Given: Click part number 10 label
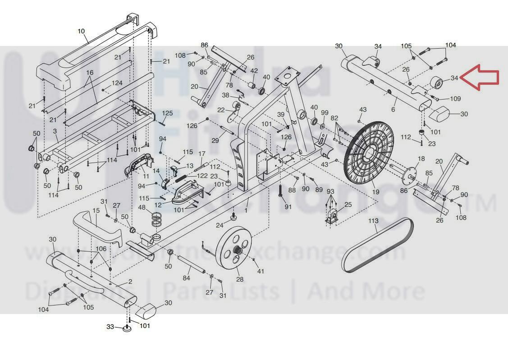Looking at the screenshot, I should pyautogui.click(x=81, y=31).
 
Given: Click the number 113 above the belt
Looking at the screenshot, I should pyautogui.click(x=373, y=221).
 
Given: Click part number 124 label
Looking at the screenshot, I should pyautogui.click(x=117, y=83).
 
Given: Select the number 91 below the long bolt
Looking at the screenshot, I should pyautogui.click(x=288, y=207).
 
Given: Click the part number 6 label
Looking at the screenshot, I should pyautogui.click(x=393, y=110).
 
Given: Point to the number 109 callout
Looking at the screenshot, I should pyautogui.click(x=455, y=99).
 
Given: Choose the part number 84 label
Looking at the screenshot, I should pyautogui.click(x=187, y=278).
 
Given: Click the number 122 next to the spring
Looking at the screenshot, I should pyautogui.click(x=202, y=175).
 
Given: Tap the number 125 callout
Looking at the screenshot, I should pyautogui.click(x=168, y=113).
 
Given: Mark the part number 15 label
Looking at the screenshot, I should pyautogui.click(x=96, y=211).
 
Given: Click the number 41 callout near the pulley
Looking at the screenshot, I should pyautogui.click(x=260, y=271).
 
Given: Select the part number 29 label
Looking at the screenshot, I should pyautogui.click(x=215, y=141).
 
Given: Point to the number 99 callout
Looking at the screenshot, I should pyautogui.click(x=325, y=112).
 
